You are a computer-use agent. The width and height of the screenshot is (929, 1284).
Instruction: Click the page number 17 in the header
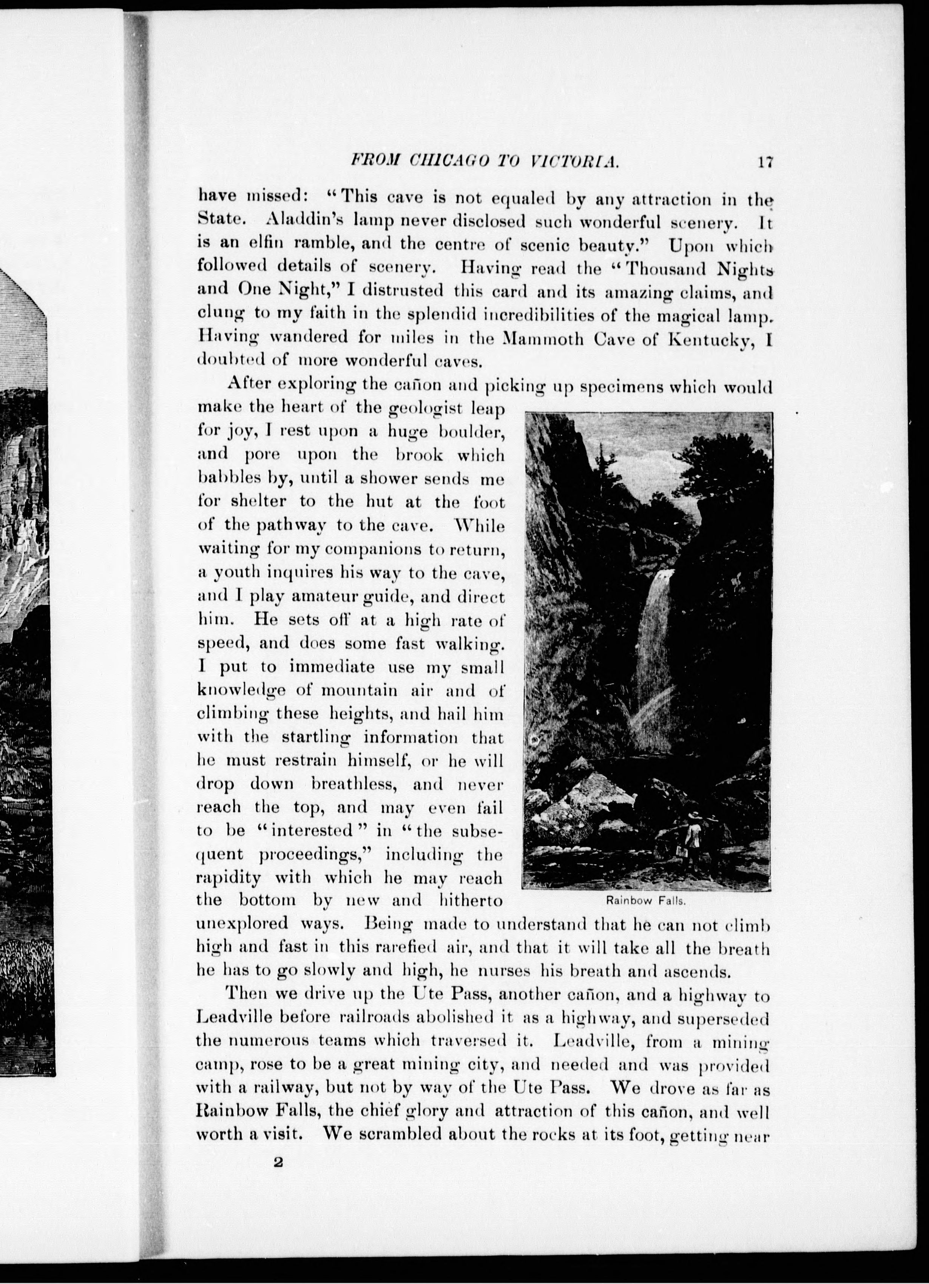(x=764, y=162)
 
